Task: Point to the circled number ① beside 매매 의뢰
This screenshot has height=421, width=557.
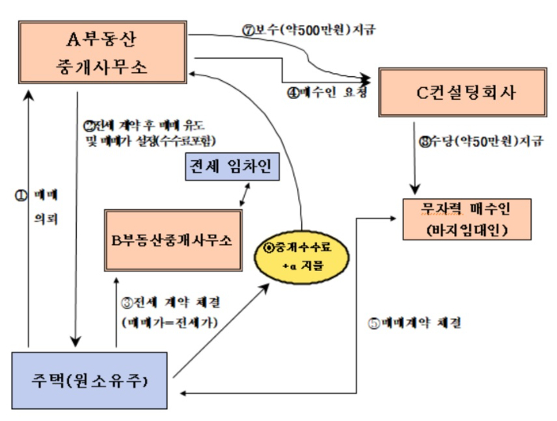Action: point(20,193)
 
